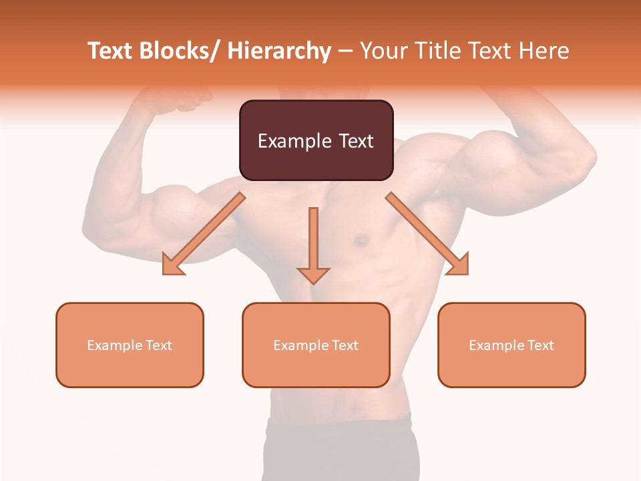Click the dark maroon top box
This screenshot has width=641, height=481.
316,140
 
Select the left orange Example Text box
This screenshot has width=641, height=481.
130,345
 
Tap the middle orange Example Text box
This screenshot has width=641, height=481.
316,345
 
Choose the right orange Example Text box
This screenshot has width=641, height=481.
511,345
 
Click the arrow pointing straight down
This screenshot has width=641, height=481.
313,245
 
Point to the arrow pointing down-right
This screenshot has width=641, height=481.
427,234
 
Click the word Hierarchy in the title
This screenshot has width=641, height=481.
279,51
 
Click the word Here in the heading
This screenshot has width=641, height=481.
546,51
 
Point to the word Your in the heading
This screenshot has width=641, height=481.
383,51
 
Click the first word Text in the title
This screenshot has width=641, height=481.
111,51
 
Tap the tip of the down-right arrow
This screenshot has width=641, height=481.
467,273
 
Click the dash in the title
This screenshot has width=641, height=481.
345,51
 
